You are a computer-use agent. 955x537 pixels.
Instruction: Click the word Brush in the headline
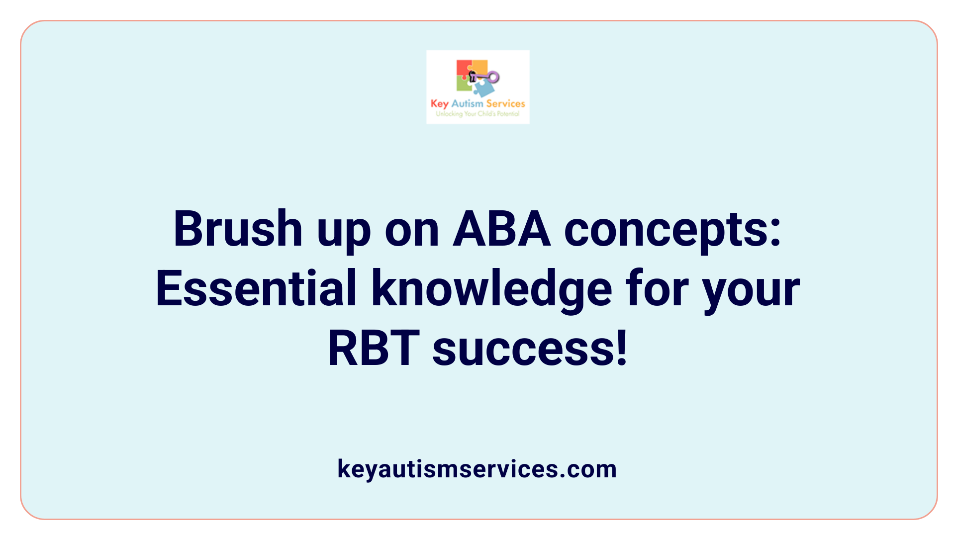point(238,230)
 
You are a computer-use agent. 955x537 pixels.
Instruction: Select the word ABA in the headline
point(501,230)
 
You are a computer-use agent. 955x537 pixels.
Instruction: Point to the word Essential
point(256,289)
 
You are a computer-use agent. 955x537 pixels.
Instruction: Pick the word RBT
point(374,349)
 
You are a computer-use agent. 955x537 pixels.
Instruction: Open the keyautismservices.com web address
point(477,469)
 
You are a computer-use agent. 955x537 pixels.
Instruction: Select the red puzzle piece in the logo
point(464,69)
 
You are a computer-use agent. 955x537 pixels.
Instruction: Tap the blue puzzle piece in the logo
point(484,89)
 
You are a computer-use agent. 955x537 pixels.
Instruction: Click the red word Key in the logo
point(440,104)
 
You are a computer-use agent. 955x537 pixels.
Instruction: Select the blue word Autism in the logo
point(467,103)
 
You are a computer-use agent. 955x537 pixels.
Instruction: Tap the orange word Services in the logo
point(505,103)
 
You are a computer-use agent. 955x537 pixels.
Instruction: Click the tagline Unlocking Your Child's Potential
point(477,114)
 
